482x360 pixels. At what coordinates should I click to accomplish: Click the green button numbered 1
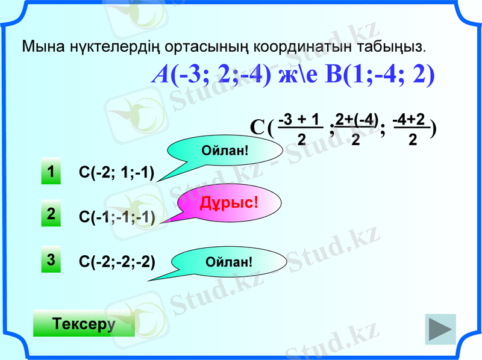tap(51, 172)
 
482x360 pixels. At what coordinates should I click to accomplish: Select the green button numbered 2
tap(51, 215)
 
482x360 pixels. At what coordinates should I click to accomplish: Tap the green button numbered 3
tap(51, 260)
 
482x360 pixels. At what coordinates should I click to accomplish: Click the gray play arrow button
tap(440, 329)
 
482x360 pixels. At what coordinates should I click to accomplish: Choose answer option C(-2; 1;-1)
tap(117, 173)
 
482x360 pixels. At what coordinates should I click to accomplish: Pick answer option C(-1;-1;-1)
tap(117, 217)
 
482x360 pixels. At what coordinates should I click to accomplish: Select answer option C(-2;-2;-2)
tap(117, 262)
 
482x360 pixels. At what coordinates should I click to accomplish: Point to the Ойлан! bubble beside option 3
tap(228, 262)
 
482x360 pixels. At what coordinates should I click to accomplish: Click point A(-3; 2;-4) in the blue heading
tap(211, 75)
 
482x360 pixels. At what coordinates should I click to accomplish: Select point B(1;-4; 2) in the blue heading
tap(380, 75)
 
